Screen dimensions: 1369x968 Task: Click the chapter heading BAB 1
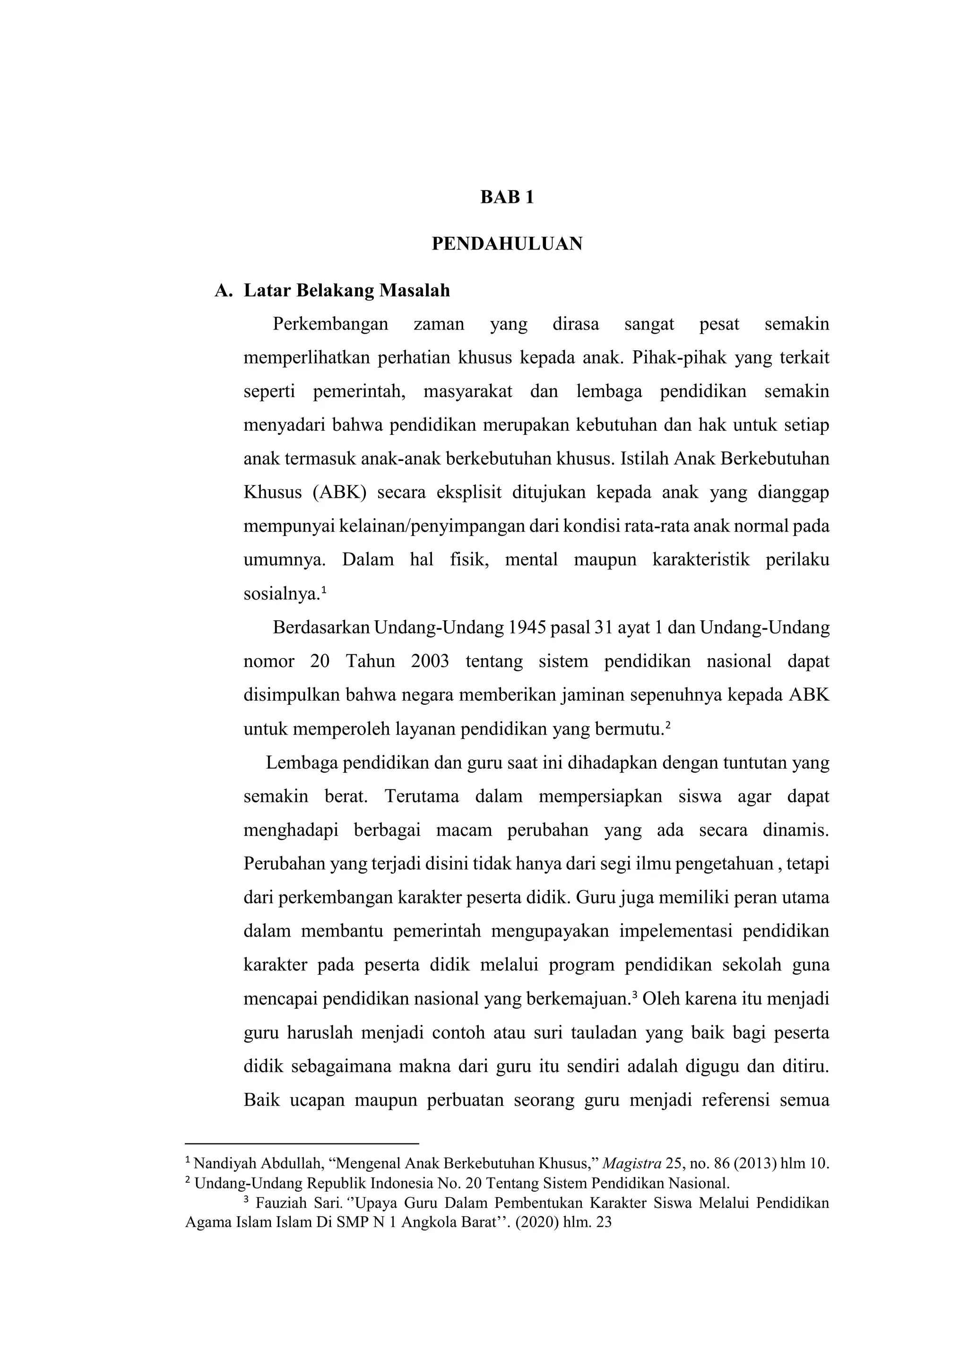point(507,197)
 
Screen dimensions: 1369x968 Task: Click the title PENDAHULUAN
point(507,244)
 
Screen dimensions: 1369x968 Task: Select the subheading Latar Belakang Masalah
point(346,291)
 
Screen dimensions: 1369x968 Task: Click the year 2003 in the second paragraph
point(430,661)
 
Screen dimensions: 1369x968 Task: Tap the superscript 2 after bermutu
point(668,725)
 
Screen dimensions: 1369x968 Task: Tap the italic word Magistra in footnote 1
point(632,1163)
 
